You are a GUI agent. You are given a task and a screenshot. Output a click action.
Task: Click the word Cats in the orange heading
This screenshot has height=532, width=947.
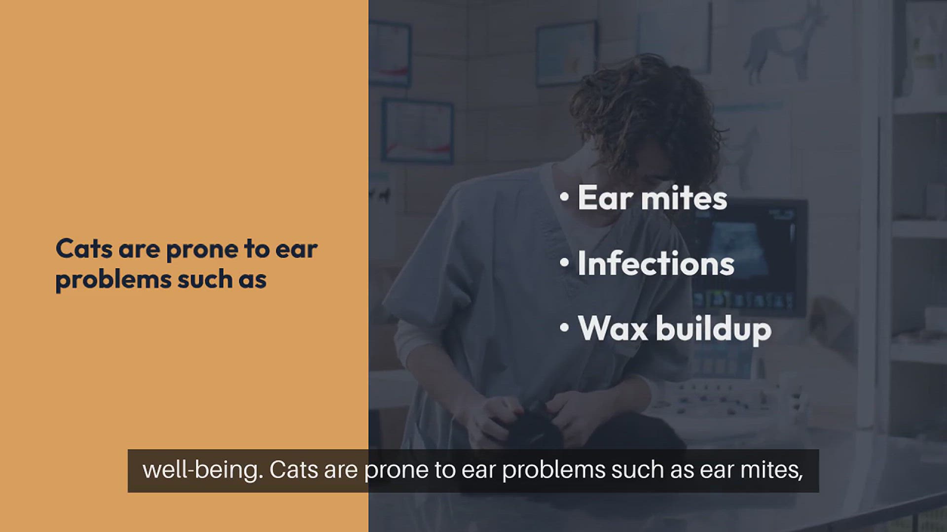(84, 249)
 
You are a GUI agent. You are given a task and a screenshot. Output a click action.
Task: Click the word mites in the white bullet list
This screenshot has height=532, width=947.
(684, 198)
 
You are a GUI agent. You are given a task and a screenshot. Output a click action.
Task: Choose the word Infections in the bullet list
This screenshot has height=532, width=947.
(656, 264)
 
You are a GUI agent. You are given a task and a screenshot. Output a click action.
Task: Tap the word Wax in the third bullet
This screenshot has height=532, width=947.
(613, 329)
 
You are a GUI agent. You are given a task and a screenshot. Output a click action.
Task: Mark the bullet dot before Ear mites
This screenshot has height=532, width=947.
(565, 197)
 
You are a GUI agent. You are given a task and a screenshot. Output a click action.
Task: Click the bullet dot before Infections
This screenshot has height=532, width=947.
(565, 263)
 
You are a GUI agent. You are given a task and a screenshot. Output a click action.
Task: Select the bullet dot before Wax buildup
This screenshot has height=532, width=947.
(565, 328)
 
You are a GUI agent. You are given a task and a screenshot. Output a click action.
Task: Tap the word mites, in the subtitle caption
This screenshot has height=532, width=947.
(772, 470)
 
